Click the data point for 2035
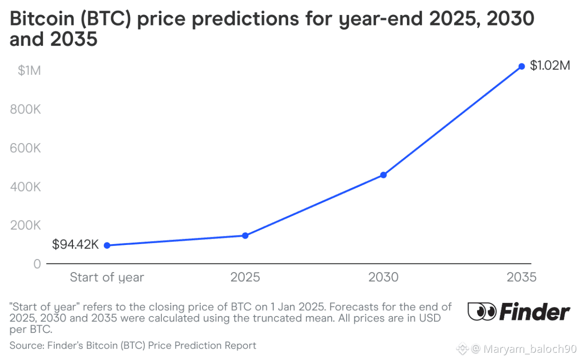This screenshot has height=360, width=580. pyautogui.click(x=522, y=66)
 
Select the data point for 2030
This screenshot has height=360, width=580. pyautogui.click(x=383, y=175)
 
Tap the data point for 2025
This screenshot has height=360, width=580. pyautogui.click(x=245, y=235)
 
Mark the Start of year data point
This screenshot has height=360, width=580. pyautogui.click(x=107, y=245)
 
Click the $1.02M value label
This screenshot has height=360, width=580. pyautogui.click(x=550, y=66)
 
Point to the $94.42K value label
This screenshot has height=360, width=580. pyautogui.click(x=75, y=245)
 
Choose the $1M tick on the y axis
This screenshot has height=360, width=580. pyautogui.click(x=29, y=71)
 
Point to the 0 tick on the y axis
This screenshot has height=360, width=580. pyautogui.click(x=37, y=264)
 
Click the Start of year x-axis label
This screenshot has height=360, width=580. pyautogui.click(x=107, y=277)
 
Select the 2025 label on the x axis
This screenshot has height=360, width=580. pyautogui.click(x=245, y=277)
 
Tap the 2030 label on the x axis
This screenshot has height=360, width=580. pyautogui.click(x=383, y=277)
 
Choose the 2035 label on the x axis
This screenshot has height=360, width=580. pyautogui.click(x=521, y=277)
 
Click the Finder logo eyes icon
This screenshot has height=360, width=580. pyautogui.click(x=482, y=312)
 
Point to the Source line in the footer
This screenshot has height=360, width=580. pyautogui.click(x=133, y=346)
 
